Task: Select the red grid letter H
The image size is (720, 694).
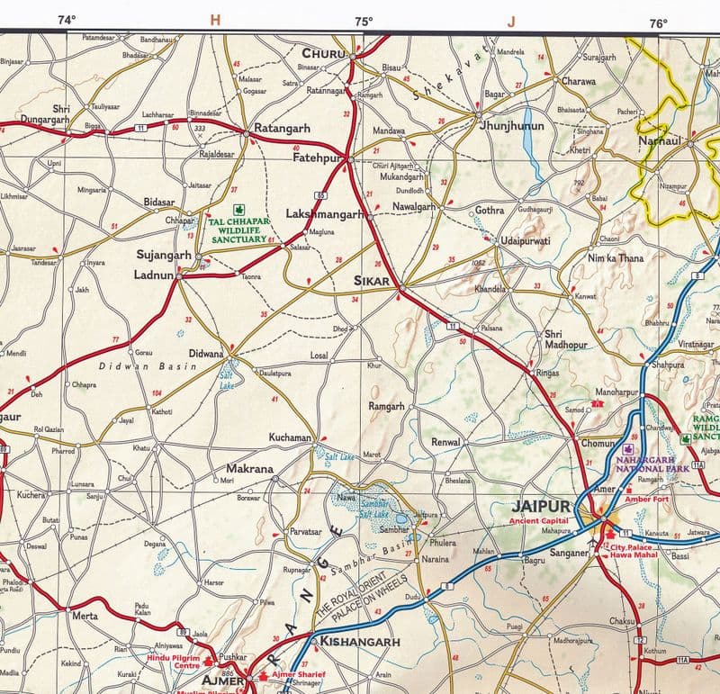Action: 214,20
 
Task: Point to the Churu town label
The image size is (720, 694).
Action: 323,54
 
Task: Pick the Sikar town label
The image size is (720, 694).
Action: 373,282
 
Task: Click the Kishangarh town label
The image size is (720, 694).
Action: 360,642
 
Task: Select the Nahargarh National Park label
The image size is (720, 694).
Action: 652,464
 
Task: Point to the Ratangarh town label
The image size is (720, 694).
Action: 282,129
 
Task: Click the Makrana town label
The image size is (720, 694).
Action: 249,469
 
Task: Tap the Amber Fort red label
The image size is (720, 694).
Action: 630,498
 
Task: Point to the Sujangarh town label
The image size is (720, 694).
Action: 164,255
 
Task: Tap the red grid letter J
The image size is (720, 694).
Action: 511,21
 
